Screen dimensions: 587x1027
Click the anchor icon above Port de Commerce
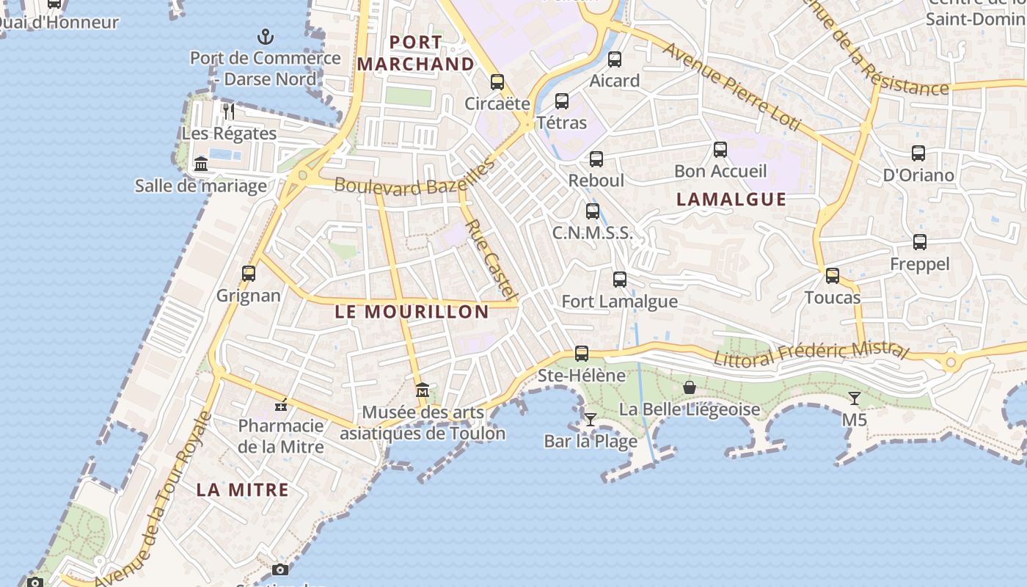click(x=265, y=36)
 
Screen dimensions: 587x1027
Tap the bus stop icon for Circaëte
click(x=497, y=82)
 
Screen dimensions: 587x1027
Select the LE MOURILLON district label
click(x=412, y=311)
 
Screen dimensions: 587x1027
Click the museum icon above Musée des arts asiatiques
click(x=422, y=390)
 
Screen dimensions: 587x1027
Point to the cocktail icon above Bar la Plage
click(x=591, y=419)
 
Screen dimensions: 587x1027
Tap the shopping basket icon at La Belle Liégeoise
click(x=690, y=387)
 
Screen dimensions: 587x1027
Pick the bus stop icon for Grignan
click(x=249, y=274)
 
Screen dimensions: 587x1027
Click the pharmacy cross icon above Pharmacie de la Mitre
click(x=281, y=404)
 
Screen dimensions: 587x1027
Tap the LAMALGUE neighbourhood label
click(x=731, y=199)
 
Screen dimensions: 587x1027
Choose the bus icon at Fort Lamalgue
click(x=620, y=279)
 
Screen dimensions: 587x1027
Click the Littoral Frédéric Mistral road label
click(x=811, y=354)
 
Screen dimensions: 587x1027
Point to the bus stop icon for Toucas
click(x=833, y=276)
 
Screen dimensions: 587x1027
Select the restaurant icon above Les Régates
click(x=229, y=112)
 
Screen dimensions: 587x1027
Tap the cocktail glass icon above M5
click(x=855, y=398)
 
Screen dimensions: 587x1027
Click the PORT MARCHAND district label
click(x=416, y=53)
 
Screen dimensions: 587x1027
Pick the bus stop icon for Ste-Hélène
click(x=582, y=353)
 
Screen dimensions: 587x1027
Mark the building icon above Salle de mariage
click(x=201, y=164)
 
